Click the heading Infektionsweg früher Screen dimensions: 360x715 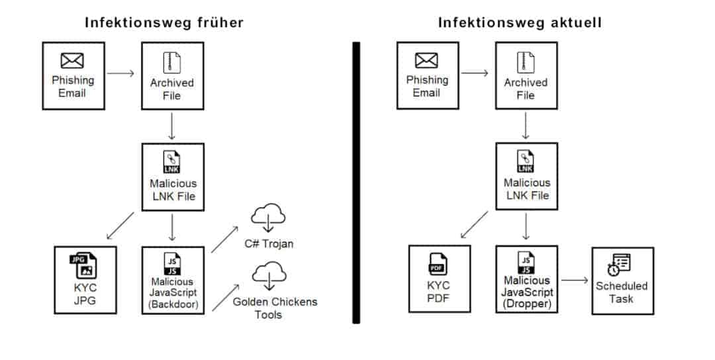pos(164,23)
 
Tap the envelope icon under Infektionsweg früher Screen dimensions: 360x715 pos(72,62)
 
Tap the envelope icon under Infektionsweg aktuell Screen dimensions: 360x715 pos(426,62)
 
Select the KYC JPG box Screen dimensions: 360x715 pos(85,279)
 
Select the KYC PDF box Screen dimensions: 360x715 pos(439,279)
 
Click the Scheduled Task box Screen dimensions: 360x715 pos(622,281)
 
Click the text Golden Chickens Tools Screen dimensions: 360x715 pos(275,308)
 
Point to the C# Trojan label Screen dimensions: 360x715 pos(268,244)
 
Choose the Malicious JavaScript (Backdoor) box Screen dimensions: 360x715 pos(172,279)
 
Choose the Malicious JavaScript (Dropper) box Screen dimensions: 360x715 pos(526,279)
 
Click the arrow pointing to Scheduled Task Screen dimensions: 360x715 pos(575,280)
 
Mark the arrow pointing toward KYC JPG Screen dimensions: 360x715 pos(120,225)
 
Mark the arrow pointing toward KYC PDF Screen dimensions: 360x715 pos(474,224)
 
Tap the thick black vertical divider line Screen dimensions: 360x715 pos(356,183)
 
